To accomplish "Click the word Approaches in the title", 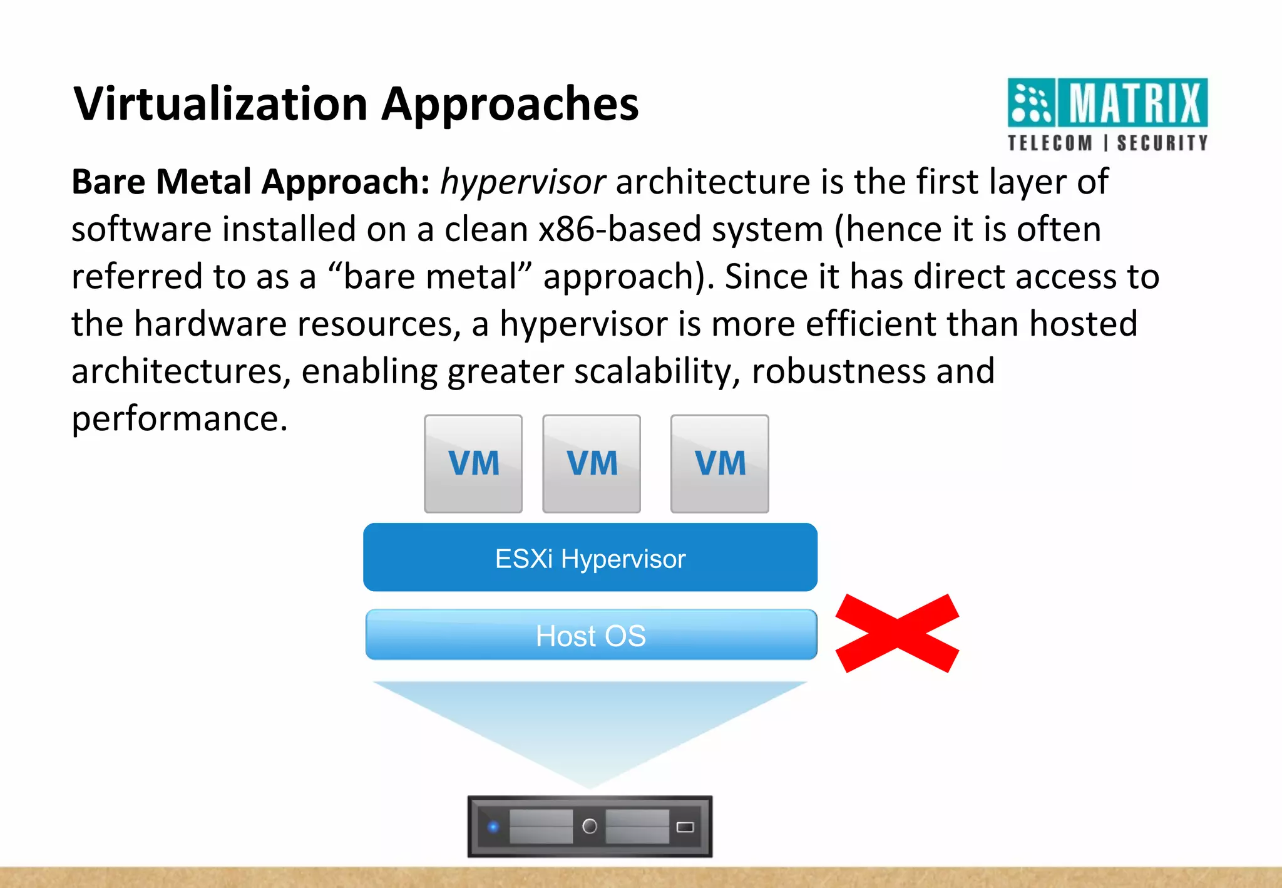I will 510,105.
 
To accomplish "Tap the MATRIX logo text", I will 1134,103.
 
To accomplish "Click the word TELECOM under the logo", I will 1050,143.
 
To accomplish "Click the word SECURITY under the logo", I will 1162,143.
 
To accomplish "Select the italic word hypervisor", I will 523,182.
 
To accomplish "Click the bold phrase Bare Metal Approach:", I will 250,182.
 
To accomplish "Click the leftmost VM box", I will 473,464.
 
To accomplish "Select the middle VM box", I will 592,464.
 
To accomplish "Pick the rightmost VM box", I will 720,464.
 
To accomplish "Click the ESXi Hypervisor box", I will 590,557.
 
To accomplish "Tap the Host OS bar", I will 591,635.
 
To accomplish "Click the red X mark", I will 897,633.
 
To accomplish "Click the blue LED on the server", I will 493,827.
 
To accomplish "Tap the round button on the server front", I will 590,827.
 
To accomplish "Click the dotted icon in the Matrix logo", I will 1032,103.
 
